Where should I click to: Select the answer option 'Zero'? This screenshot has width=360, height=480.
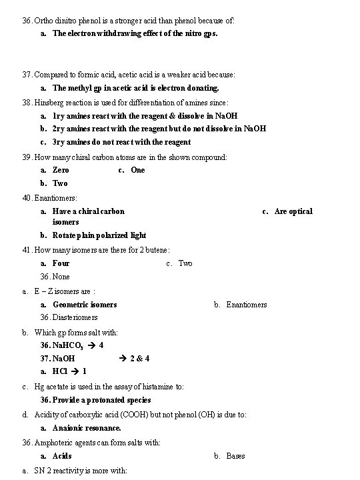click(61, 170)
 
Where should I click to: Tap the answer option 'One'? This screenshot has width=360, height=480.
click(137, 170)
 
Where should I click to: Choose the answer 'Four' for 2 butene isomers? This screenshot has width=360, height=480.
click(61, 263)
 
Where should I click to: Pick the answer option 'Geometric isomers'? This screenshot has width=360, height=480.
click(85, 305)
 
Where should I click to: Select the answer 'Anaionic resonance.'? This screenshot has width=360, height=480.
click(87, 428)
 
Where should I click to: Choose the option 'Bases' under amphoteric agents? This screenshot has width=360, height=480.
click(235, 456)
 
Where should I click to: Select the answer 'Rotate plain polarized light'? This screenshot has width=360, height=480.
click(99, 235)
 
